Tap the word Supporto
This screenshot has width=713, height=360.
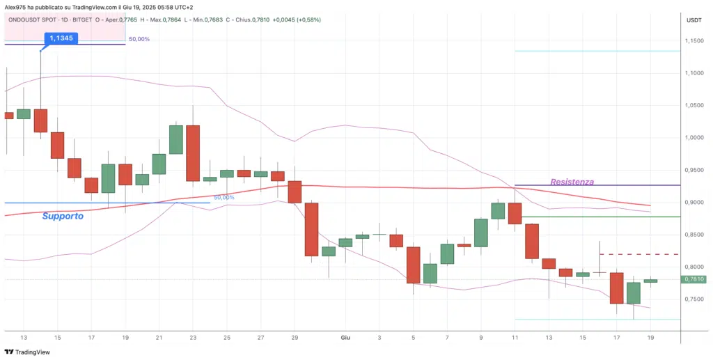click(x=63, y=216)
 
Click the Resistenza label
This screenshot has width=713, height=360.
click(x=572, y=182)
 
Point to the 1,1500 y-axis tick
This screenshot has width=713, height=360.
click(x=694, y=41)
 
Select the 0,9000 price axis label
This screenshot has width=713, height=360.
click(x=694, y=203)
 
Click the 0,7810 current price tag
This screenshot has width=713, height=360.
click(x=694, y=279)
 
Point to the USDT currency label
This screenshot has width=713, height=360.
click(x=694, y=20)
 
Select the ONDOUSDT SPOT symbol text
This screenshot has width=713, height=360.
click(x=32, y=19)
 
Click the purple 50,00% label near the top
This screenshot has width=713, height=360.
click(x=139, y=39)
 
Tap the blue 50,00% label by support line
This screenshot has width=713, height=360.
click(x=224, y=198)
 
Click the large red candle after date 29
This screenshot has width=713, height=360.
click(x=311, y=230)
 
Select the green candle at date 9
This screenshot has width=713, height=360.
click(x=481, y=233)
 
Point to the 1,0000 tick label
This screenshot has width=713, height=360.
click(x=694, y=138)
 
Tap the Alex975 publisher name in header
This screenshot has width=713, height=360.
click(x=16, y=6)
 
